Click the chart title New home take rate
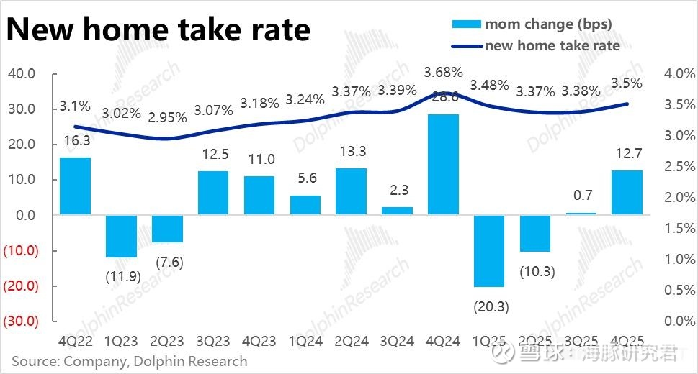tap(158, 29)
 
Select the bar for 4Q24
tap(443, 164)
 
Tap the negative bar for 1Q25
tap(488, 250)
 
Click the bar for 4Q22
tap(75, 186)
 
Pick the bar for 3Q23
tap(213, 193)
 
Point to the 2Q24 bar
tap(351, 191)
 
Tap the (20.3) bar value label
tap(491, 306)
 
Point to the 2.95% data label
tap(166, 117)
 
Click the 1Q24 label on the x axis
tap(305, 339)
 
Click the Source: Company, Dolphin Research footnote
tap(130, 360)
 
